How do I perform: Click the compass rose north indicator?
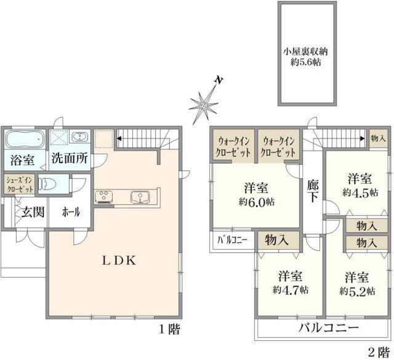point(206,104)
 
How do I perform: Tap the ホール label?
point(70,212)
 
